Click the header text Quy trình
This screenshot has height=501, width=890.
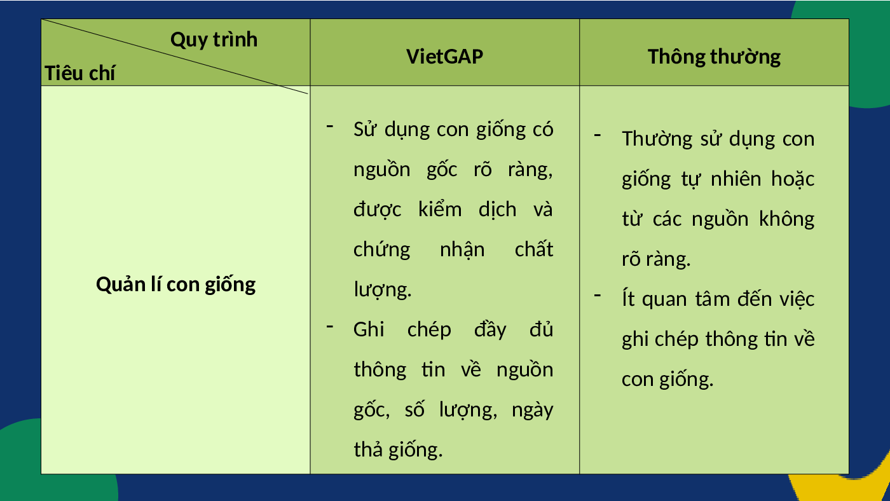214,40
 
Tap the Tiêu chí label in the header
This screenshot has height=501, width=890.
80,73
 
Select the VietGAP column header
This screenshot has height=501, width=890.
444,57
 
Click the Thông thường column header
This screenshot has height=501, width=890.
714,57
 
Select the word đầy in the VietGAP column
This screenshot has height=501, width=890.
490,330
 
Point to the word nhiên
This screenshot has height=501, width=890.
736,179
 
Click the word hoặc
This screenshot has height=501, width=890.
793,179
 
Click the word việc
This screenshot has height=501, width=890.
797,299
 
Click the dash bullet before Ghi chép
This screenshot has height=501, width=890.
330,327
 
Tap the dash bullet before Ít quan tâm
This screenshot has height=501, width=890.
597,295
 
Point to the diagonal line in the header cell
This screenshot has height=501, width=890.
175,57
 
